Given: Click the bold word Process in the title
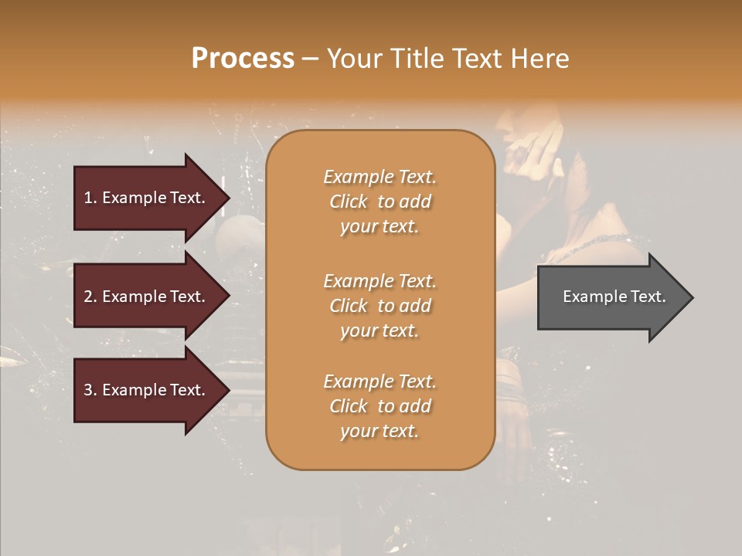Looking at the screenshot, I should (243, 59).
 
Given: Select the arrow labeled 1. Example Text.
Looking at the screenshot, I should (147, 198).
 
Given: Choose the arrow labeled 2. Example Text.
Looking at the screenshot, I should (147, 297).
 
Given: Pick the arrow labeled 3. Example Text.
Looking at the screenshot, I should (147, 390).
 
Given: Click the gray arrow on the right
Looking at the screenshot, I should (611, 297).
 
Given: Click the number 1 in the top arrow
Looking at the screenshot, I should (88, 198).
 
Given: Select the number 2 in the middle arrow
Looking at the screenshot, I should (88, 297).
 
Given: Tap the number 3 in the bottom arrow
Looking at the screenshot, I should (88, 390).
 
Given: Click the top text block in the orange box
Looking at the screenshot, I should (380, 202).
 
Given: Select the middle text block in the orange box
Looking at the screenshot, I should (380, 306).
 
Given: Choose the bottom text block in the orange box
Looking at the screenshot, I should (380, 406).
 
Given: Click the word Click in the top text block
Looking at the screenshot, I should (349, 202).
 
